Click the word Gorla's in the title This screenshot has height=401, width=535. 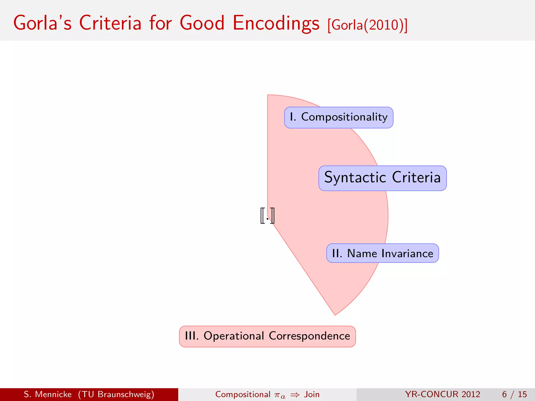pos(42,23)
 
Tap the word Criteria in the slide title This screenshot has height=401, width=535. pos(110,23)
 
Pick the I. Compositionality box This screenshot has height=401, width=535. pos(339,117)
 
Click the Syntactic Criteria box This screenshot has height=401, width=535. pos(382,178)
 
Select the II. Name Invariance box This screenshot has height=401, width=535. pos(382,253)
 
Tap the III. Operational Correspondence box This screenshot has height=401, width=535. pos(267,336)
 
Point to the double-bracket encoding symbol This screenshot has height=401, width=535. pos(267,216)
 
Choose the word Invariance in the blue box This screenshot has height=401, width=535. pos(407,253)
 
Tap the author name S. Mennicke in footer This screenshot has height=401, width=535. pos(48,394)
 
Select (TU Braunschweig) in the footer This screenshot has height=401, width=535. pos(116,394)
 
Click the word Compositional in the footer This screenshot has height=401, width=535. pos(243,394)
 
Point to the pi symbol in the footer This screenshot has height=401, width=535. pos(279,395)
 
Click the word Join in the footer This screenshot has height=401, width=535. pos(312,394)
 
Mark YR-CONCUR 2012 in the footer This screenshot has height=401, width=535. pos(443,394)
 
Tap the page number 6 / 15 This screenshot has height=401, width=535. pos(514,394)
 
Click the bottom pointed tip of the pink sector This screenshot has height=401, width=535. pos(335,314)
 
